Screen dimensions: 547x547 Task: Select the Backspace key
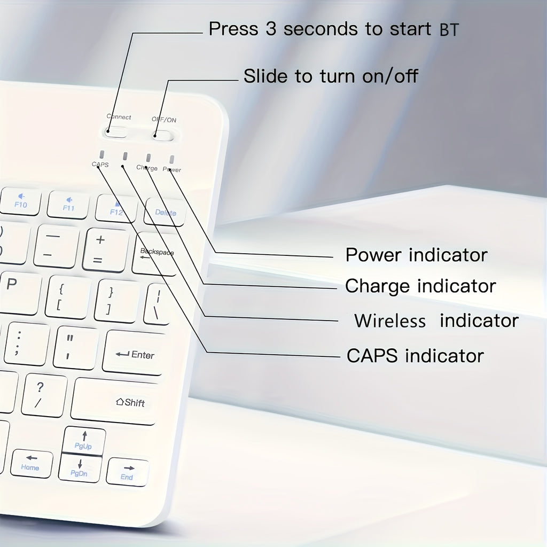pyautogui.click(x=155, y=254)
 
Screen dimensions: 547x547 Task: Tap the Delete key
pyautogui.click(x=165, y=211)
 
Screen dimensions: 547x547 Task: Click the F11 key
pyautogui.click(x=68, y=205)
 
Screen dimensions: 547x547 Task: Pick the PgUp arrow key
pyautogui.click(x=84, y=441)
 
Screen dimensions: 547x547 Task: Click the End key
pyautogui.click(x=127, y=472)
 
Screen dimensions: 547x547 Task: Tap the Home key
pyautogui.click(x=31, y=463)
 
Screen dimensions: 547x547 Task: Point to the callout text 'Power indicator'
pyautogui.click(x=416, y=255)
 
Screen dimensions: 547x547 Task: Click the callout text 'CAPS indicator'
pyautogui.click(x=415, y=355)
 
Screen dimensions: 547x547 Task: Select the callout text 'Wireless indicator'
pyautogui.click(x=436, y=321)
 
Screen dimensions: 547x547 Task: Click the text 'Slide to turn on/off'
pyautogui.click(x=331, y=76)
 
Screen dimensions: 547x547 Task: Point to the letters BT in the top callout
pyautogui.click(x=448, y=30)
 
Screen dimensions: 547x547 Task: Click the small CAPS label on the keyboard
pyautogui.click(x=100, y=165)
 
